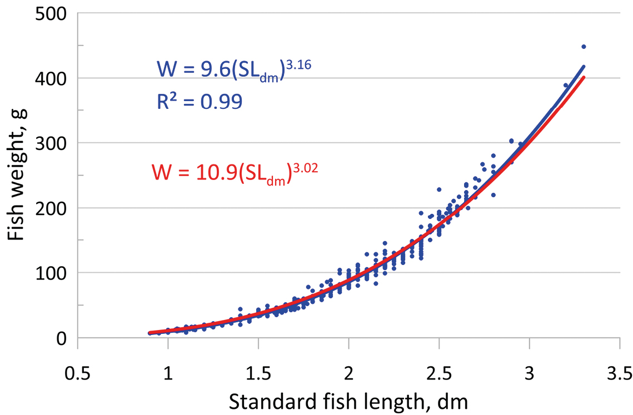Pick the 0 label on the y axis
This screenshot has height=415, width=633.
[x=63, y=338]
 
